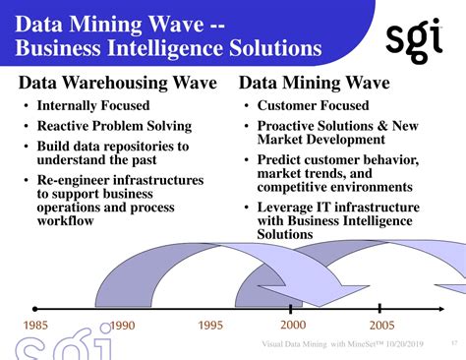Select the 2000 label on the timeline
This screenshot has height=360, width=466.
pyautogui.click(x=293, y=325)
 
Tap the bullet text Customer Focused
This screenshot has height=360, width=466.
pyautogui.click(x=313, y=105)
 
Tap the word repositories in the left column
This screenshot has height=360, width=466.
pyautogui.click(x=141, y=146)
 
